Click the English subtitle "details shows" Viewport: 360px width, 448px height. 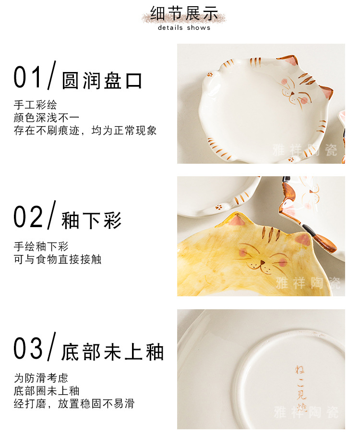tap(184, 28)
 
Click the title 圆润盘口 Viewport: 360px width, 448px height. tap(102, 81)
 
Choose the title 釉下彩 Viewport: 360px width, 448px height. tap(92, 220)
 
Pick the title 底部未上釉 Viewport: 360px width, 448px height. tap(112, 351)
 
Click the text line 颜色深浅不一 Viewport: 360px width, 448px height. tap(47, 118)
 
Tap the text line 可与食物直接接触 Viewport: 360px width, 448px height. tap(58, 259)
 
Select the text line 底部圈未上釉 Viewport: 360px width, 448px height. tap(47, 391)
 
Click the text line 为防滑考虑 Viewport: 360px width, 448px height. tap(41, 378)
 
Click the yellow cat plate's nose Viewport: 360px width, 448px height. tap(262, 262)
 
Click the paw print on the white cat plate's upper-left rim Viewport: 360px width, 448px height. tap(210, 75)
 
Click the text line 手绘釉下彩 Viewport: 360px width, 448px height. tap(41, 247)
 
